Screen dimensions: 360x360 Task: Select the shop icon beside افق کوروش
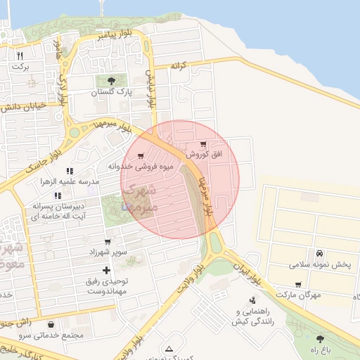[x=203, y=144]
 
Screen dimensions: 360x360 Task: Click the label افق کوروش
[x=205, y=154]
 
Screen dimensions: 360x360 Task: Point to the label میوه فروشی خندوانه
[x=131, y=167]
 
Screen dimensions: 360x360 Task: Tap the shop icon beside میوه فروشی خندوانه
[x=141, y=156]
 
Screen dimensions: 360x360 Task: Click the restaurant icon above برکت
[x=20, y=56]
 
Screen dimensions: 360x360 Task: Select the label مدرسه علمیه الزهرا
[x=70, y=181]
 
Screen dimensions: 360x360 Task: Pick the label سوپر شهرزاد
[x=107, y=252]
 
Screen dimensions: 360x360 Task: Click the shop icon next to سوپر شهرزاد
[x=108, y=241]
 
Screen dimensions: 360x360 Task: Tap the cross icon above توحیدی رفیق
[x=106, y=270]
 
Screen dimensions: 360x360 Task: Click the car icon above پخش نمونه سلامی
[x=319, y=253]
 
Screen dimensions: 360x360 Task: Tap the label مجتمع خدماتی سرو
[x=52, y=335]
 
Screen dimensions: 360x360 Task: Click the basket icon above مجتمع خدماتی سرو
[x=52, y=325]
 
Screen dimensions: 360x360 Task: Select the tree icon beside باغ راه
[x=320, y=339]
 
